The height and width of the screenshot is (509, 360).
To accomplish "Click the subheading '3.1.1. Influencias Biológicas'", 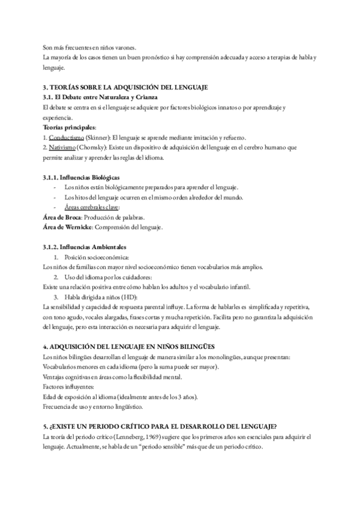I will (81, 177).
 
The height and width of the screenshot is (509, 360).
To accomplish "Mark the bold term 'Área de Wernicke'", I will (68, 227).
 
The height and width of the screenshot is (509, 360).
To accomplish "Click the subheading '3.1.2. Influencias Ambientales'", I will (84, 247).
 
